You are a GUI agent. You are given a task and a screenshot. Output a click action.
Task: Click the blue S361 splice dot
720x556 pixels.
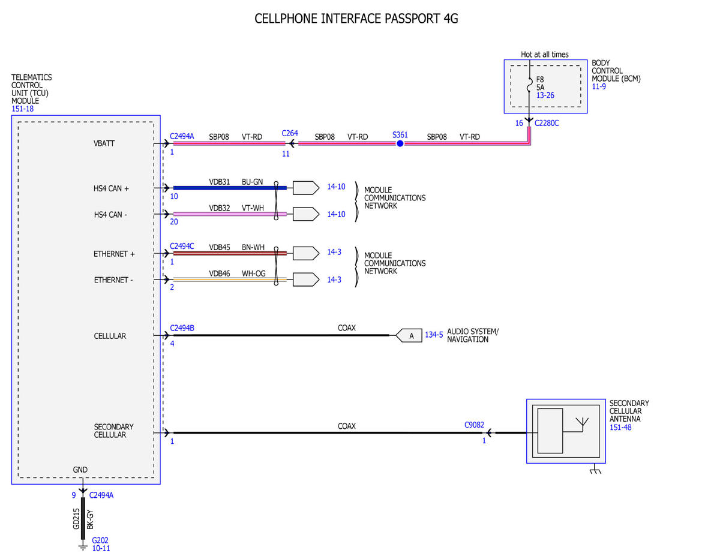coord(400,143)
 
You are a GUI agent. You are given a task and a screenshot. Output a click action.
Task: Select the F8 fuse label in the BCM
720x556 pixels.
coord(540,80)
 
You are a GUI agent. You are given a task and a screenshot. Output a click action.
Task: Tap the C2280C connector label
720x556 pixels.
coord(547,123)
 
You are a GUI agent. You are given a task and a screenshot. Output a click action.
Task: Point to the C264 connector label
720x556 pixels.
coord(290,133)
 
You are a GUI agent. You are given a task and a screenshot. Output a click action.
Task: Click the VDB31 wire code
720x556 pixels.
coord(219,182)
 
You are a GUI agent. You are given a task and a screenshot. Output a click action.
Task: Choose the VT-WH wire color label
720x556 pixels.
coord(253,208)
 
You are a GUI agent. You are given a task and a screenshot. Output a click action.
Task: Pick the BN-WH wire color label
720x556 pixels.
coord(253,247)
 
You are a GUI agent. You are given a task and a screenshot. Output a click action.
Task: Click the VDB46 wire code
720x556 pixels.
coord(219,274)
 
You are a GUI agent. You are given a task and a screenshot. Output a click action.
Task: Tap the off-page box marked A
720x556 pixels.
coord(409,335)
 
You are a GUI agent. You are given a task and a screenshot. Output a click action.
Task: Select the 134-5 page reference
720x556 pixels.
coord(434,335)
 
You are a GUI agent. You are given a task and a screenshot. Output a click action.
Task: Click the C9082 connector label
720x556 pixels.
coord(474,425)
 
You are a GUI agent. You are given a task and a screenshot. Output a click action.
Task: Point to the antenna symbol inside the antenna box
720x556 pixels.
coord(582,424)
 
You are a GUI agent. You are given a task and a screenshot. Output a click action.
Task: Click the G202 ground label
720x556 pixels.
coord(100,540)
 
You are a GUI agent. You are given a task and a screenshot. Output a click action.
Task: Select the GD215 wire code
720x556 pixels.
coord(76,519)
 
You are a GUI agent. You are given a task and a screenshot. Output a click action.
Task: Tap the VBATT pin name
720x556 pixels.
coord(104,143)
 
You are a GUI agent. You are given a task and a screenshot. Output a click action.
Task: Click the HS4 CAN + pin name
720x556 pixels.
coord(111,188)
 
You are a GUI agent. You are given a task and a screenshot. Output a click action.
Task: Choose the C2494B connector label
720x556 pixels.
coord(182,328)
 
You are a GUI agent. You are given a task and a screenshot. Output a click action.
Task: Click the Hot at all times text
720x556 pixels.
coord(544,55)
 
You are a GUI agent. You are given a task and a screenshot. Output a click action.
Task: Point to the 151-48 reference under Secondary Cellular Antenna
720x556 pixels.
coord(620,427)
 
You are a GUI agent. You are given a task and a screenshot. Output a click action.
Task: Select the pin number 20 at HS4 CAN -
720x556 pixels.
coord(174,221)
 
